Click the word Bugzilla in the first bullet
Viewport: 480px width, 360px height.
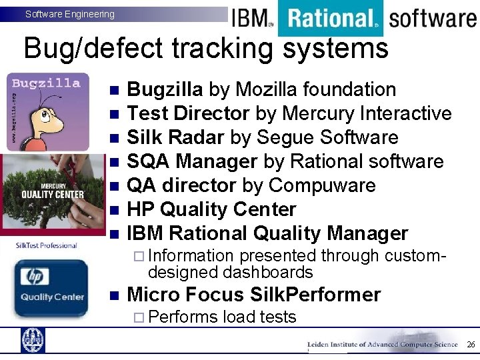pos(165,90)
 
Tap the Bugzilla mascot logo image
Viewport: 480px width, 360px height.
pos(47,111)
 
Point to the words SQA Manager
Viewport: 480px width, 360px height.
pos(192,162)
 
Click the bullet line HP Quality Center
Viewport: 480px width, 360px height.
pos(211,210)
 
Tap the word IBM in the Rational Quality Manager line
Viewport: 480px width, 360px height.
pos(145,234)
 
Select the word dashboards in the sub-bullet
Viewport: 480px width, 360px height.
pos(268,273)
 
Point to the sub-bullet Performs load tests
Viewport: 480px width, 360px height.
pos(223,317)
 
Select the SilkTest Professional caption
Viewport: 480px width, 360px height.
pos(47,246)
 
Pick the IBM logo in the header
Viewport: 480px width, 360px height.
pos(251,18)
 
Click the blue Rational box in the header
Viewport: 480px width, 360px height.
pos(330,18)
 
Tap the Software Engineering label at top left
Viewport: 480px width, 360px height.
pos(69,14)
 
